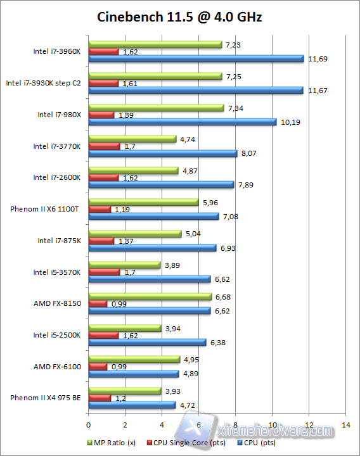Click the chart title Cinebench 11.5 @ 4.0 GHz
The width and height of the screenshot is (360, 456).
click(x=179, y=17)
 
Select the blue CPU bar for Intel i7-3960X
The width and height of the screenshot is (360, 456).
click(x=196, y=59)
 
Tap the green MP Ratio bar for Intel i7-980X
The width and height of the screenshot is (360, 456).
click(x=156, y=108)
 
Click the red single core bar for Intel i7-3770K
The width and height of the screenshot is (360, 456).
click(x=104, y=146)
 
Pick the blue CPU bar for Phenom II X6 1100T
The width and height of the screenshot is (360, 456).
click(x=153, y=217)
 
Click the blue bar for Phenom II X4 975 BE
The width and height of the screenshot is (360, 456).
click(x=132, y=405)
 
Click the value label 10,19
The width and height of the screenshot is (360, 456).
click(x=289, y=122)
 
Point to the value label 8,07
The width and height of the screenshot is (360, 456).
click(x=248, y=153)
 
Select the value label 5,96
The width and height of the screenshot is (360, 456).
click(x=210, y=203)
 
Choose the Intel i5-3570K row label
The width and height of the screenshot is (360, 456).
click(x=57, y=272)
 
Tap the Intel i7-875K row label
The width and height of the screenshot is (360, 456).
click(x=59, y=241)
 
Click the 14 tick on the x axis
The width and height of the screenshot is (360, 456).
click(x=345, y=424)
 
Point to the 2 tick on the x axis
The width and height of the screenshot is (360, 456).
click(x=125, y=424)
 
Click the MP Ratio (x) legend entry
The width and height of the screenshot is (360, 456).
click(x=114, y=442)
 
